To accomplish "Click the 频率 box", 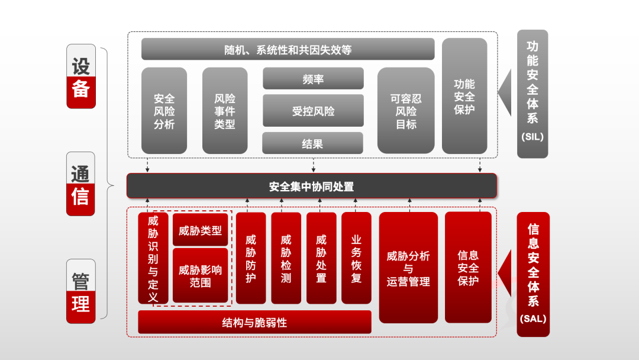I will [313, 79].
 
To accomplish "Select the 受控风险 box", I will [313, 111].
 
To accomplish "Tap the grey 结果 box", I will [312, 143].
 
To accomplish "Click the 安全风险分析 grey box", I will [164, 111].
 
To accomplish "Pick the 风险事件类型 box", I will [225, 111].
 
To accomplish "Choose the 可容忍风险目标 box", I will [406, 111].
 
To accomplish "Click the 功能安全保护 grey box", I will [464, 97].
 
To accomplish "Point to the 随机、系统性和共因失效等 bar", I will [288, 50].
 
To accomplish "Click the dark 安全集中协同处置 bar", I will [311, 187].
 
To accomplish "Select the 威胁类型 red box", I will [200, 230].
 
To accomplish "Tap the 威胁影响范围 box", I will [200, 276].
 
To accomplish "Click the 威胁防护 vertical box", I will [251, 258].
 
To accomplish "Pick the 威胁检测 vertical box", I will [286, 258].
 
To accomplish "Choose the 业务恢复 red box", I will [356, 258].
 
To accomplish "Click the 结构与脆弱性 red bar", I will [254, 323].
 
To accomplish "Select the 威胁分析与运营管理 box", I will [408, 268].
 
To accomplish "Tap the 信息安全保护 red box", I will [468, 268].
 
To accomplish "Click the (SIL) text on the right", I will [532, 137].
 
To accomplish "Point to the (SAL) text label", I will [532, 319].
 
